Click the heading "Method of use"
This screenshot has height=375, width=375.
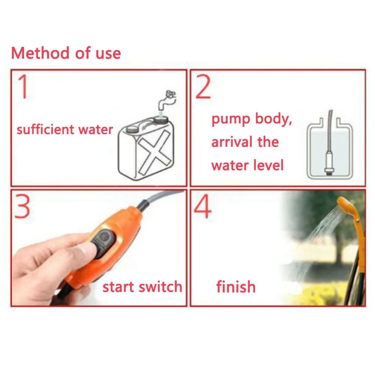66,53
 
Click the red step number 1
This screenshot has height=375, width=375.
23,87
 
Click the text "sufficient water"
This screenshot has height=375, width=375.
64,130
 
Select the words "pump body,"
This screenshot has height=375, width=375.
252,119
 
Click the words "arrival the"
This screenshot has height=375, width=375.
245,142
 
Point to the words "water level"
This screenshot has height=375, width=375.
247,165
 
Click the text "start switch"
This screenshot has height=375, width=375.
142,287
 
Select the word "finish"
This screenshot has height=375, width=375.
236,287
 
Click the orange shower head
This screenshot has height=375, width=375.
346,204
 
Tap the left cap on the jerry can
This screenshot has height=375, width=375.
132,128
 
